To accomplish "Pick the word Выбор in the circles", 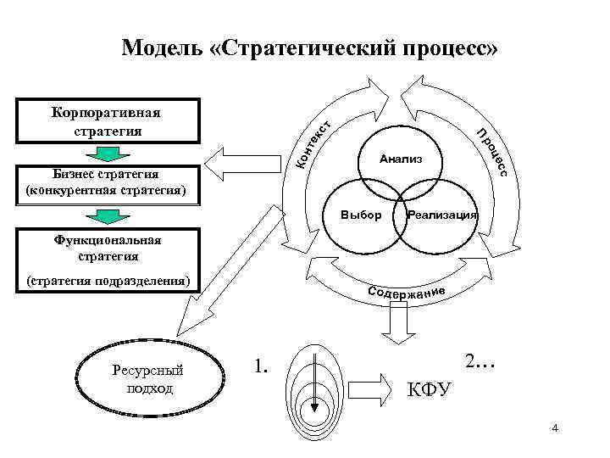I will pyautogui.click(x=360, y=214).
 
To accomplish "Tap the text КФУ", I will pyautogui.click(x=430, y=389).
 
